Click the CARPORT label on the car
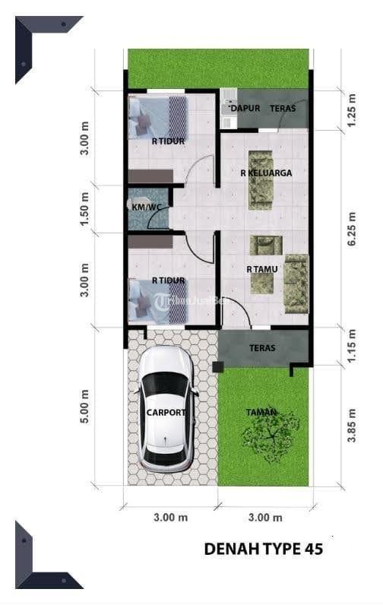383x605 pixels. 166,413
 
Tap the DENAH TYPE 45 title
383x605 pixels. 264,549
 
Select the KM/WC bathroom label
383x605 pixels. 146,207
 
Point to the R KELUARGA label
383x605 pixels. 266,173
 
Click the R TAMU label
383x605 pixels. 262,269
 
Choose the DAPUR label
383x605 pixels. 245,109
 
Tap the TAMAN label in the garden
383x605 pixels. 261,413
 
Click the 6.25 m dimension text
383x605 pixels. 352,230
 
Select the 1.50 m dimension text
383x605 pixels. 85,209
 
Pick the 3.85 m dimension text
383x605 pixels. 352,426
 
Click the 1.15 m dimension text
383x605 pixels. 352,346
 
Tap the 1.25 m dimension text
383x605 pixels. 352,110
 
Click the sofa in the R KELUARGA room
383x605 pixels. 261,180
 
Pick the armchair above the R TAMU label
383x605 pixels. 266,245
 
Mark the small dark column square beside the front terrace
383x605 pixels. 218,366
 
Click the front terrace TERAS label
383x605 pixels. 262,348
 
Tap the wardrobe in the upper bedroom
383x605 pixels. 150,176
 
